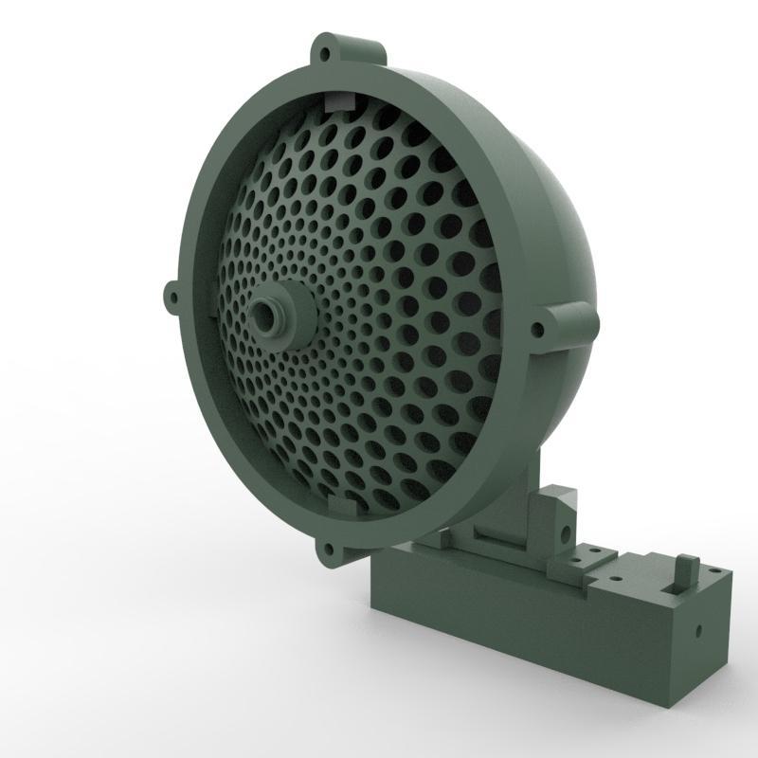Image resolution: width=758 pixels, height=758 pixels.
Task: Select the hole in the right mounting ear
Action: [538, 331]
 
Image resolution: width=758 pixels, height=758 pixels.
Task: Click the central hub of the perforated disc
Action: [268, 316]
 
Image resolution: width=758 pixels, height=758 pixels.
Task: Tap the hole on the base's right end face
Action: [697, 627]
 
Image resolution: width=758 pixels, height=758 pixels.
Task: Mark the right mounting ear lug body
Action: [568, 327]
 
